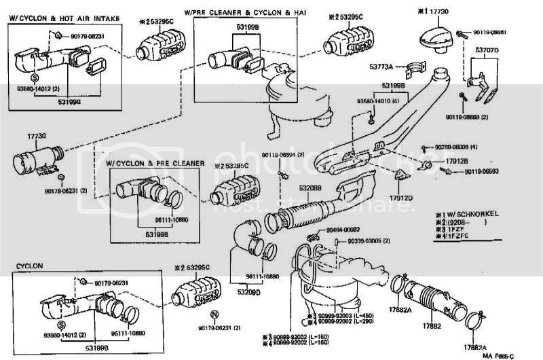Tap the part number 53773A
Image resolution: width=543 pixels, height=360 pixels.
pyautogui.click(x=381, y=67)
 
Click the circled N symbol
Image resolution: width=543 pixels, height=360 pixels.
pyautogui.click(x=214, y=314)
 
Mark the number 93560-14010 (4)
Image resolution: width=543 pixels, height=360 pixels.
pyautogui.click(x=362, y=100)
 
